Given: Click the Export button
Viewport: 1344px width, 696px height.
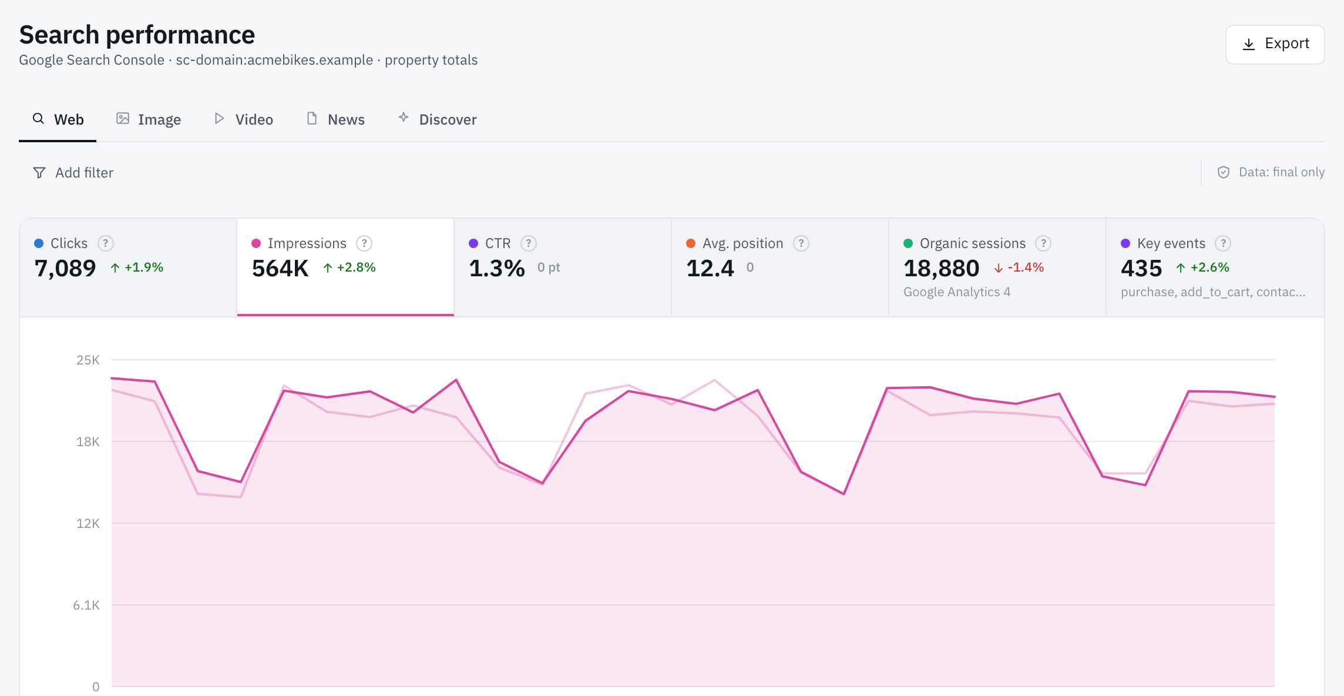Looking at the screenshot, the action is (x=1275, y=44).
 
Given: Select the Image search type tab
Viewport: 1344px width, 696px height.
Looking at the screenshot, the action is (x=148, y=119).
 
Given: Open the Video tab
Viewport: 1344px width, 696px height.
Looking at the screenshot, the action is (x=243, y=119).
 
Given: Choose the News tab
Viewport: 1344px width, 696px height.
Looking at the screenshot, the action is (x=335, y=119).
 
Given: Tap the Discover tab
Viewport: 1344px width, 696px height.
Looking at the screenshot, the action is (x=437, y=119).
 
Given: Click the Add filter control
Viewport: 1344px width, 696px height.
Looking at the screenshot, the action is (x=73, y=172).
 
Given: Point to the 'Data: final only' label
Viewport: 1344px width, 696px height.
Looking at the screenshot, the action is (x=1281, y=172).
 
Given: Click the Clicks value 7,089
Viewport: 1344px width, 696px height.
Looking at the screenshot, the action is (x=65, y=269).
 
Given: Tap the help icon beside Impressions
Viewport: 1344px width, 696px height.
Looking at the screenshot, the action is (x=364, y=243).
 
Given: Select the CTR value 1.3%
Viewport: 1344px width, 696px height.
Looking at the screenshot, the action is (x=497, y=269).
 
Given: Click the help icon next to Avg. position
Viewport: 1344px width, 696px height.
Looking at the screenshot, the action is (x=801, y=243).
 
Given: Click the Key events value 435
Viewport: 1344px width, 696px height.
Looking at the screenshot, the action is (x=1141, y=269).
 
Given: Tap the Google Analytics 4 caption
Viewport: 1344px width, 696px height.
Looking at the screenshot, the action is (x=957, y=292).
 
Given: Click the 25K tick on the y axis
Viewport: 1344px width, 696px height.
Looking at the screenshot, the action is (x=88, y=360).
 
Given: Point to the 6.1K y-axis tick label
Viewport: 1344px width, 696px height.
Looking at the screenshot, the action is (x=86, y=605).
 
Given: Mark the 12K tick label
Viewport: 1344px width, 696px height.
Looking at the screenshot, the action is (x=88, y=523).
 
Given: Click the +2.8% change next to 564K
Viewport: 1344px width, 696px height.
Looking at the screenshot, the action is (x=350, y=267).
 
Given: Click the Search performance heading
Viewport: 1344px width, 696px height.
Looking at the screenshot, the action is (x=137, y=35).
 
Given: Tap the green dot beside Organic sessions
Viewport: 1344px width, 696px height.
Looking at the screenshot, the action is (x=908, y=243).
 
